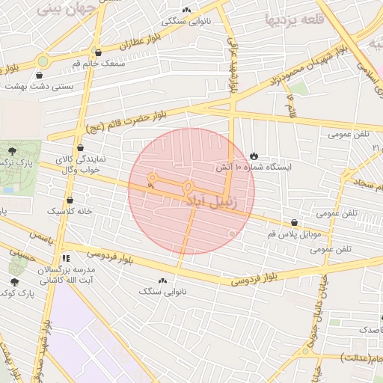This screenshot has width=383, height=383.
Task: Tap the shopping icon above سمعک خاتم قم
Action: [98, 52]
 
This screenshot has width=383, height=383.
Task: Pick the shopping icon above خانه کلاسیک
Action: [70, 200]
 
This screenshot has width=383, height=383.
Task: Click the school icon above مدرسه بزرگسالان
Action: [65, 258]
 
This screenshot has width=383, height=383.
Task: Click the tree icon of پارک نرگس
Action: [13, 151]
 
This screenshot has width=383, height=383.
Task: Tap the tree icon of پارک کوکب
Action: [14, 282]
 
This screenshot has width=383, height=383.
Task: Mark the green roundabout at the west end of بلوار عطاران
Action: [43, 61]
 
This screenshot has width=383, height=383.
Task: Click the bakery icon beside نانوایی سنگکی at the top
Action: [186, 10]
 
